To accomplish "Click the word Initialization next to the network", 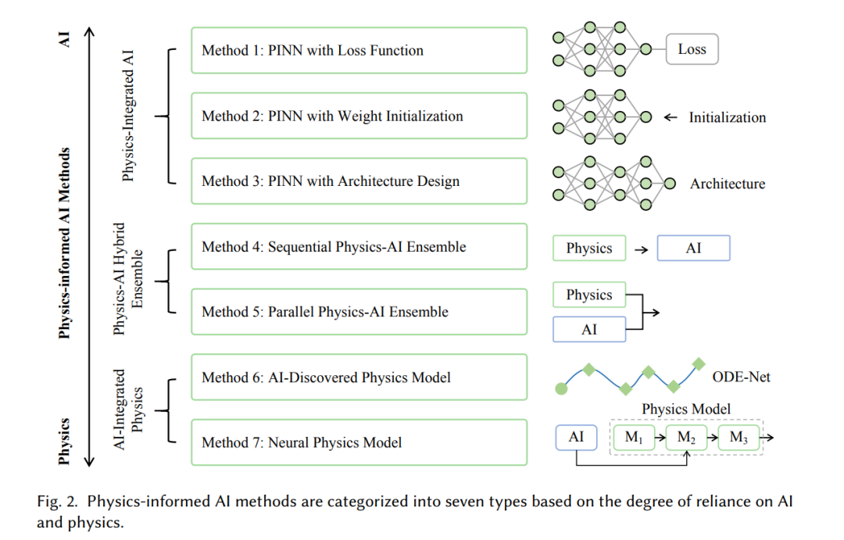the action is pos(728,117).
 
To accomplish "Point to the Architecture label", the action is pos(728,184).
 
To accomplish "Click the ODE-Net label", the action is pos(741,377).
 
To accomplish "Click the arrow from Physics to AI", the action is pos(641,250).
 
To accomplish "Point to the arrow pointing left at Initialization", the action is pos(671,117).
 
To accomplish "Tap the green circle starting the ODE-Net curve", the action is pos(561,388).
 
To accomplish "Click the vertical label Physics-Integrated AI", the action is pos(127,116).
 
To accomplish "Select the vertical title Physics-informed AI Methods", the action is pos(64,243).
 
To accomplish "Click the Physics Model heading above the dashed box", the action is pos(686,409).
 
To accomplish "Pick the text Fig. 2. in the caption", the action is pos(57,502).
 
